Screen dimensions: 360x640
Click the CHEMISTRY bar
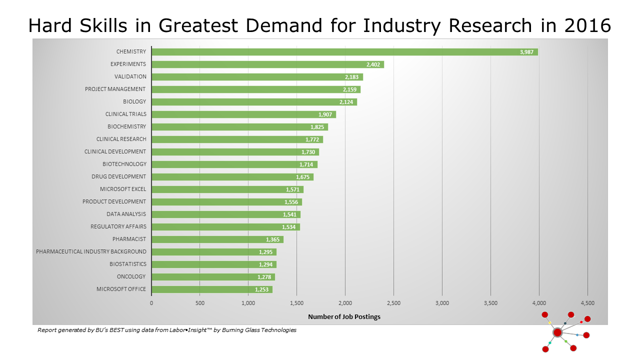pos(344,52)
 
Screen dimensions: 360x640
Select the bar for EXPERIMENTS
pos(267,64)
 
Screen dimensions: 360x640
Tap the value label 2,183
pos(352,77)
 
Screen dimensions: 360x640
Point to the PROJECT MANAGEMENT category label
pos(115,89)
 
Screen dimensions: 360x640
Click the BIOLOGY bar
pos(254,102)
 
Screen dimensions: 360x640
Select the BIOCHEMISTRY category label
pos(127,126)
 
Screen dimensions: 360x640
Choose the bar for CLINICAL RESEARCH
pos(237,139)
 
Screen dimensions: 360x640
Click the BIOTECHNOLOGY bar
pos(234,164)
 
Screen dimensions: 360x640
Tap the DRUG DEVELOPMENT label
pos(119,176)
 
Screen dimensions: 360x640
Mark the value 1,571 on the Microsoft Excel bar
pos(293,189)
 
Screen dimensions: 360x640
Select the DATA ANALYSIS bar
pos(226,214)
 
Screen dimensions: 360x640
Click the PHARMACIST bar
pos(217,239)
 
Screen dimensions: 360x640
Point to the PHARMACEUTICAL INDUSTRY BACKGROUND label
pos(91,251)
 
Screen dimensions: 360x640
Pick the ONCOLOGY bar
pos(213,277)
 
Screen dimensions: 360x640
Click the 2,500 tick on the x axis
pos(393,303)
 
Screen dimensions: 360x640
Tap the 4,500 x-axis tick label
pos(587,303)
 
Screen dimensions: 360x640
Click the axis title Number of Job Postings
pos(344,316)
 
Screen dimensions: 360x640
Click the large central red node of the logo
pos(557,332)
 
